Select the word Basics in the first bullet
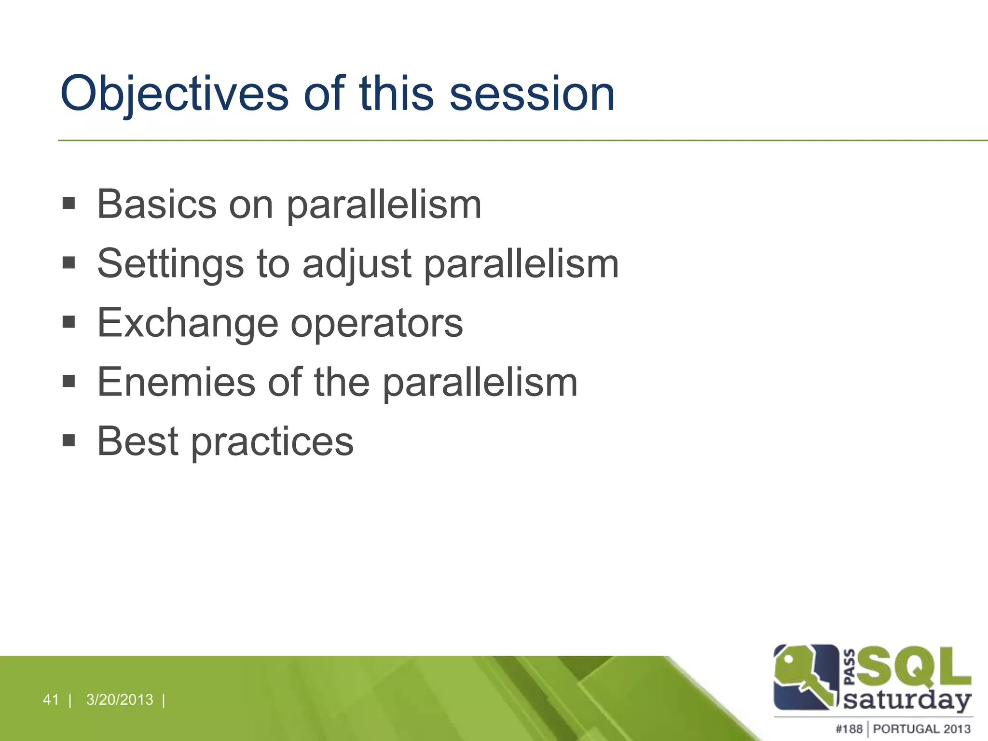coord(157,204)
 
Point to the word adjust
coord(357,264)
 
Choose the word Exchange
coord(188,323)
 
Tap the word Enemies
coord(176,382)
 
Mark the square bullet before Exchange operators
coord(69,322)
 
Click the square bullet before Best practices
coord(69,440)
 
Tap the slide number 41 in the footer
coord(51,700)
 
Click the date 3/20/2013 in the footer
coord(120,700)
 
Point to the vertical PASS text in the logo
coord(850,667)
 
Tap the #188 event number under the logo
coord(849,728)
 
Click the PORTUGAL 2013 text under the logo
coord(921,728)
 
